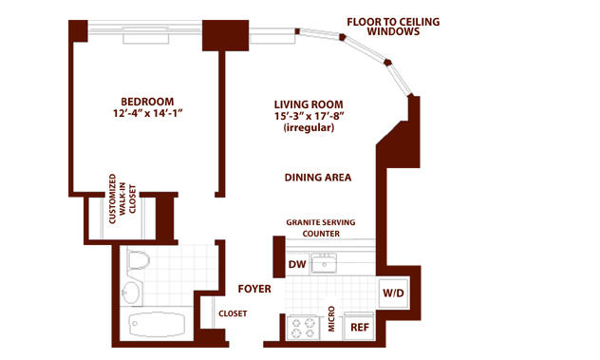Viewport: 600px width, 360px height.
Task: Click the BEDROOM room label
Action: (147, 102)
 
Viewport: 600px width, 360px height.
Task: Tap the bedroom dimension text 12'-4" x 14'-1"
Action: (147, 113)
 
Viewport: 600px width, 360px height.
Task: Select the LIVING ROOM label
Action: (309, 104)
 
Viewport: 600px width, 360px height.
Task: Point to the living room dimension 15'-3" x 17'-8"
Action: (309, 116)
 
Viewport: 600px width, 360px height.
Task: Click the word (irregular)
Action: (309, 127)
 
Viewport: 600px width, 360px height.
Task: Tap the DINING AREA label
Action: (318, 178)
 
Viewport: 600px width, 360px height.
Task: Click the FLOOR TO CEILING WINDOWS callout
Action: (393, 27)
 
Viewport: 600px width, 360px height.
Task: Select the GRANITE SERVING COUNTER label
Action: (321, 228)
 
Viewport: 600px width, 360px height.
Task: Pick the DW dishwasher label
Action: (297, 264)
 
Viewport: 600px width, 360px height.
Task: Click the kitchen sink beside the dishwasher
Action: (324, 263)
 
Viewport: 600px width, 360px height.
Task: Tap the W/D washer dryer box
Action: (393, 294)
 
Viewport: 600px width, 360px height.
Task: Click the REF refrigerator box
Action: (360, 327)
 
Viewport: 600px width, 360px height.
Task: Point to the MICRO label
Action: (331, 318)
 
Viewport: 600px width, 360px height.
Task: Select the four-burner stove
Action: (303, 329)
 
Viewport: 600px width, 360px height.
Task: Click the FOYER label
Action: (254, 289)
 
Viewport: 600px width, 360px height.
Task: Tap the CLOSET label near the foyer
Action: (233, 313)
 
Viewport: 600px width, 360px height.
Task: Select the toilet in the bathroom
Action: (137, 260)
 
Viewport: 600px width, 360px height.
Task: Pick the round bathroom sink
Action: (131, 294)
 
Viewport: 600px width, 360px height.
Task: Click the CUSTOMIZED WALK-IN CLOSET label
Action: (122, 199)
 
